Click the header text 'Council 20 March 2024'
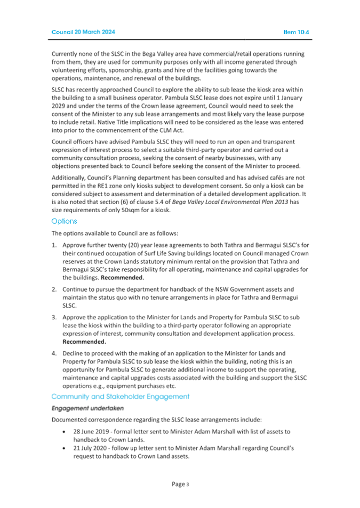pos(83,32)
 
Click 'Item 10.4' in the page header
pos(297,32)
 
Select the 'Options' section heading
pos(64,221)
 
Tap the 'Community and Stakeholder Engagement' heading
pos(120,396)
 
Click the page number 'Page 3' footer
pos(180,484)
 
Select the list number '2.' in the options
pos(54,289)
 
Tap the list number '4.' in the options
pos(54,353)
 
